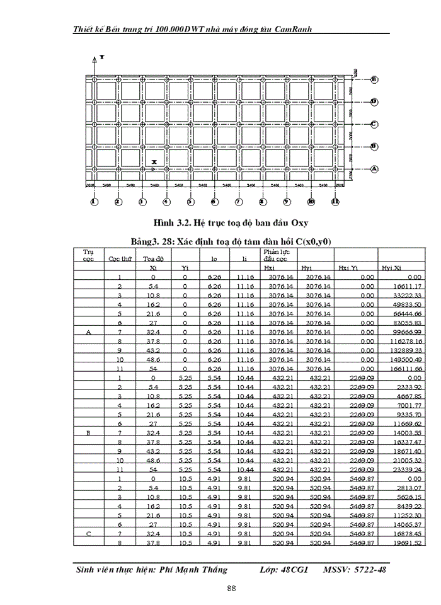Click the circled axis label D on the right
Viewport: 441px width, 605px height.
click(x=374, y=101)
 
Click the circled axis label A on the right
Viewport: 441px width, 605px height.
click(x=374, y=169)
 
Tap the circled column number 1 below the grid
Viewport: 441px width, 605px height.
click(x=94, y=202)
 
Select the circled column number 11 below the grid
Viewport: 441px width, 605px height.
click(x=335, y=202)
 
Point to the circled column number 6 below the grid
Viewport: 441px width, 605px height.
click(x=214, y=202)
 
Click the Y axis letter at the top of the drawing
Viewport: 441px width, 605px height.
click(x=101, y=57)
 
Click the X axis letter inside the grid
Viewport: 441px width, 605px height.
click(x=153, y=162)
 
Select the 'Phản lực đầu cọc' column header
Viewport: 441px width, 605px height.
click(x=275, y=255)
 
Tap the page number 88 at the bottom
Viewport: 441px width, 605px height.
click(x=231, y=588)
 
